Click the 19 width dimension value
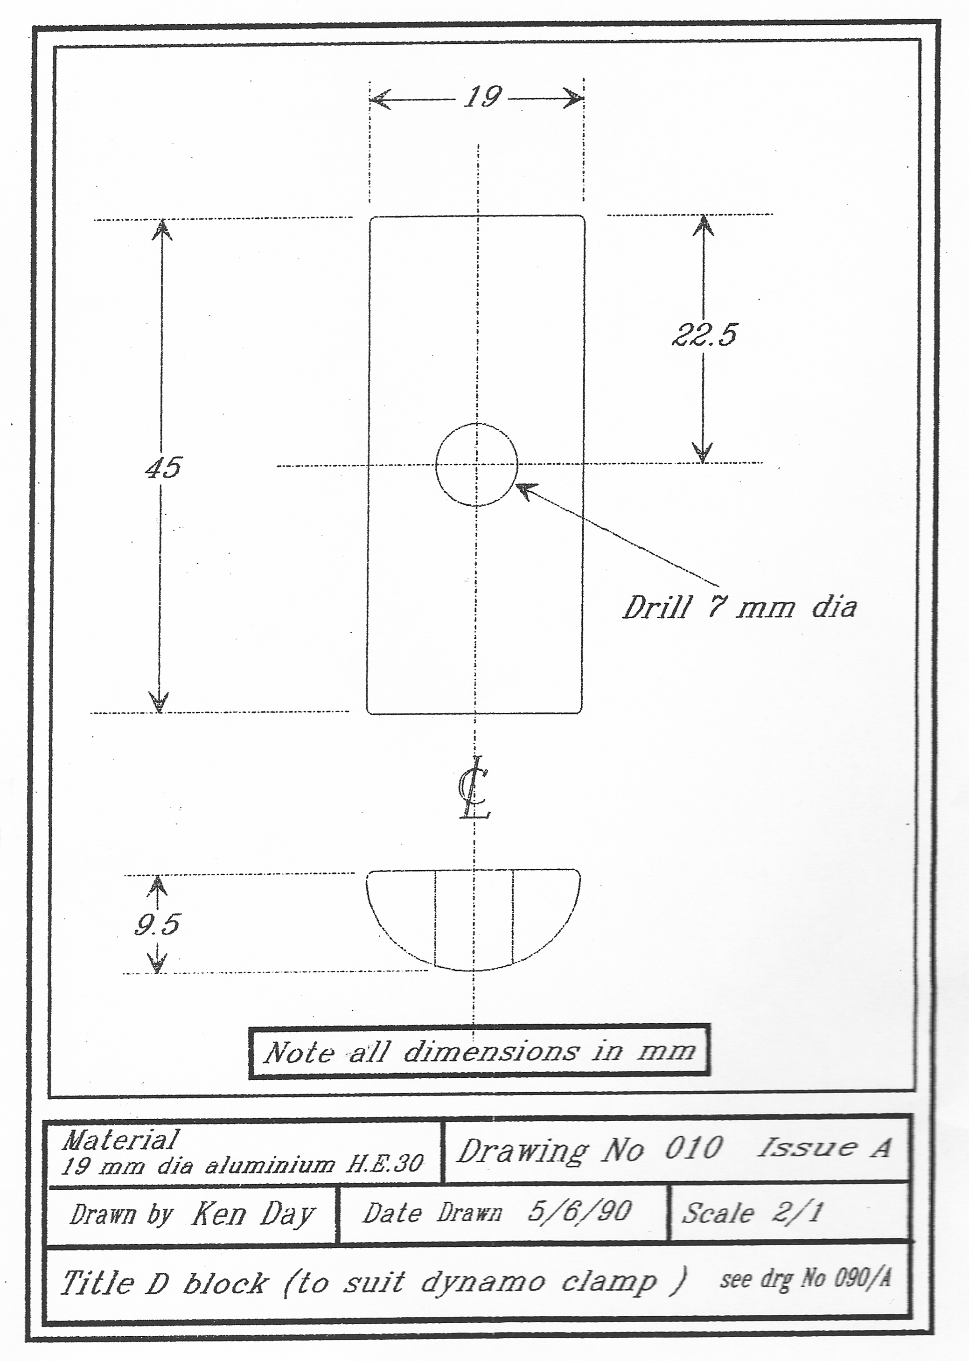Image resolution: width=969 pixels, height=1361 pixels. [483, 97]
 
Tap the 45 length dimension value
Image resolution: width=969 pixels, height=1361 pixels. [163, 467]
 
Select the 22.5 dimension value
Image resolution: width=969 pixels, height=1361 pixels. [704, 335]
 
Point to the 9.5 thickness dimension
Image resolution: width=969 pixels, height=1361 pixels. [157, 924]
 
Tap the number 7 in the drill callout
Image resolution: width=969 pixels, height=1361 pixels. [717, 607]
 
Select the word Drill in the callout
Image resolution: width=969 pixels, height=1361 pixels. [657, 608]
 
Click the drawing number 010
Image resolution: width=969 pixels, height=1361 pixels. [693, 1149]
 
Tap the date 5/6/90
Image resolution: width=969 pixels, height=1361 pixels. [579, 1212]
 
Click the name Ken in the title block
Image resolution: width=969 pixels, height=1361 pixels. [218, 1214]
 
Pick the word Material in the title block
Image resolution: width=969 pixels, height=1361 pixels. [120, 1140]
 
